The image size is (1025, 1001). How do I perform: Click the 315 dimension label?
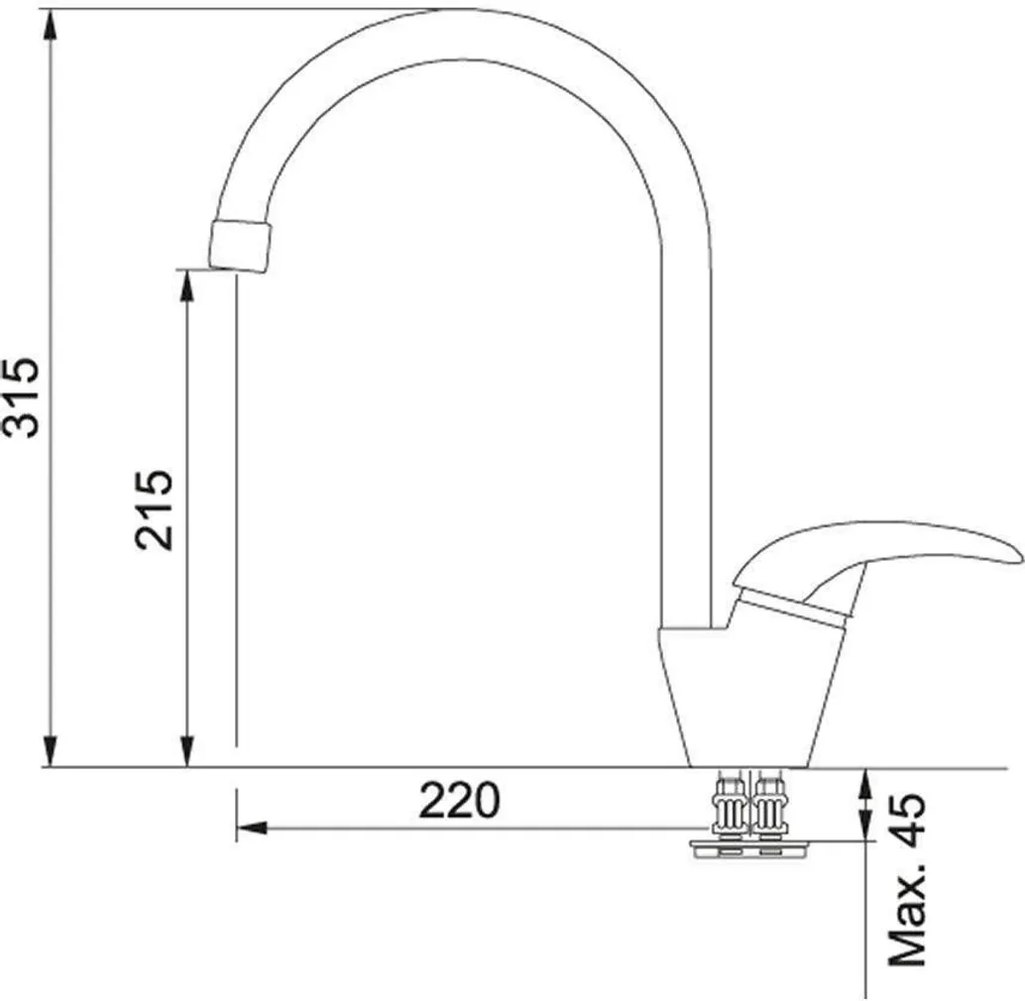click(x=22, y=396)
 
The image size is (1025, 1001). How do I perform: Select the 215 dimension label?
click(x=155, y=510)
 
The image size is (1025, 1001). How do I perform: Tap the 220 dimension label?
click(x=460, y=800)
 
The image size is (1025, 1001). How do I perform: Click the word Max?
click(x=907, y=913)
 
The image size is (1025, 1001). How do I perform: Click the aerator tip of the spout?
click(x=239, y=246)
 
